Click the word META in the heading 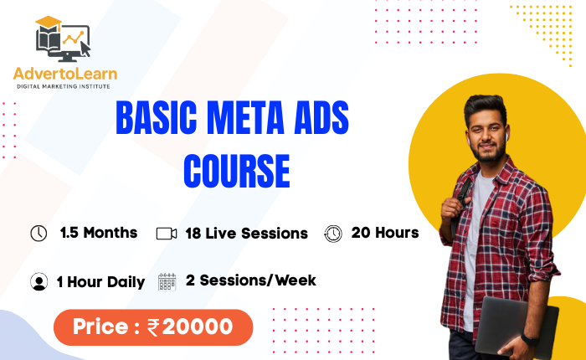click(245, 117)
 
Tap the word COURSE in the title click(237, 172)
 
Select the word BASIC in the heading click(157, 117)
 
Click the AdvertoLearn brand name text click(65, 74)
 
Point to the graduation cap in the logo click(49, 23)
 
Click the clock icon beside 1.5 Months click(39, 234)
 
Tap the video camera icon click(167, 234)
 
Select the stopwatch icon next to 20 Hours click(333, 234)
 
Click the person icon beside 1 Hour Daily click(39, 281)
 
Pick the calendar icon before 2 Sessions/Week click(167, 281)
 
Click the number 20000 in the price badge click(198, 327)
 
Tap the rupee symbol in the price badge click(153, 327)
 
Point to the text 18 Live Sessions click(247, 234)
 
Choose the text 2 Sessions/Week click(251, 280)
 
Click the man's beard click(488, 153)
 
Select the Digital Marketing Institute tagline click(64, 86)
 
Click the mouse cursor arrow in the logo click(85, 49)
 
